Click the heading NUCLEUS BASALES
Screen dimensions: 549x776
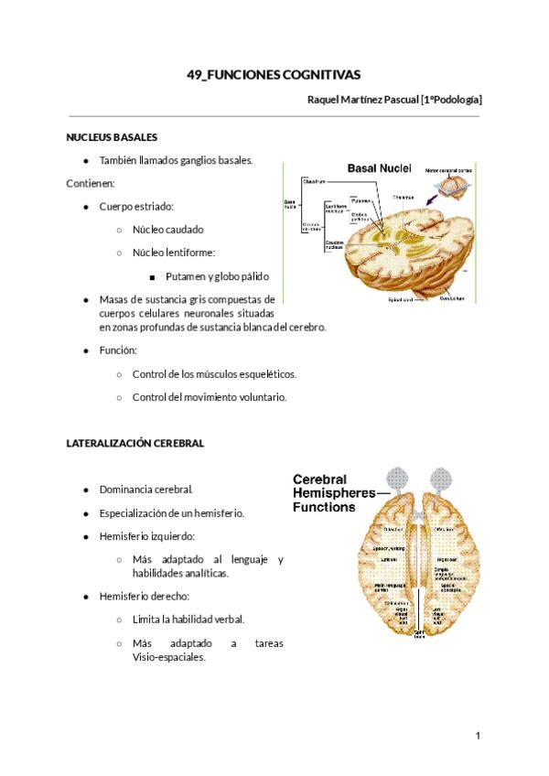click(x=112, y=137)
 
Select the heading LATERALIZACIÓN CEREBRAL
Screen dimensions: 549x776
click(x=135, y=443)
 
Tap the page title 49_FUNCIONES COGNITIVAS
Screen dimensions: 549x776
click(x=274, y=74)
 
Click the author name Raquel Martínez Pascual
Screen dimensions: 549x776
click(x=361, y=99)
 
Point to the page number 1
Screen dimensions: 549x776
click(x=478, y=735)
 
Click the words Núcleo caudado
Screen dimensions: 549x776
click(x=167, y=230)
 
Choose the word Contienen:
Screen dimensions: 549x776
click(x=90, y=183)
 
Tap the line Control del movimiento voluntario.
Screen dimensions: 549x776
click(x=210, y=397)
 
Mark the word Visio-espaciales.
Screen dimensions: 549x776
click(x=169, y=657)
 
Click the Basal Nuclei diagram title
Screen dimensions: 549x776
click(x=379, y=168)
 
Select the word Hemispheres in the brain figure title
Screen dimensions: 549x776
click(x=333, y=492)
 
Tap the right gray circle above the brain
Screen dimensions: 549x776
click(x=443, y=479)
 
